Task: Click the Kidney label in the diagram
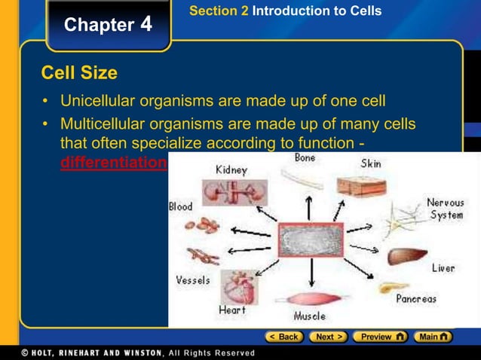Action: click(231, 170)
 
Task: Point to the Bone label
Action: click(305, 158)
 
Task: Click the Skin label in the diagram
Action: click(371, 163)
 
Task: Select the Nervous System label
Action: click(445, 209)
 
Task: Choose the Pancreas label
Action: click(416, 299)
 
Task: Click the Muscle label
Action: click(309, 316)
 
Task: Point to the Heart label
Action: click(232, 310)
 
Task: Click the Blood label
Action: click(181, 206)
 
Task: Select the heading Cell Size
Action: click(79, 73)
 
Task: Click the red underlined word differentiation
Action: click(112, 163)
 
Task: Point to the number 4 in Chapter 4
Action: click(146, 24)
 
